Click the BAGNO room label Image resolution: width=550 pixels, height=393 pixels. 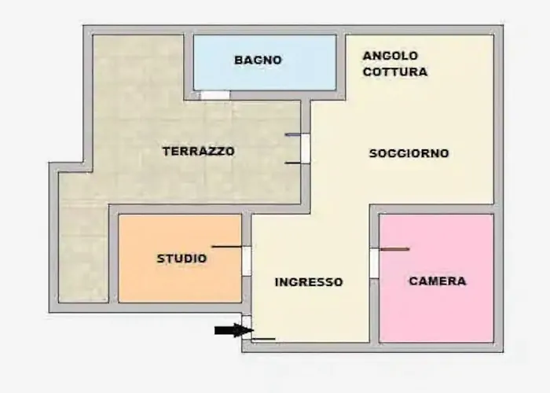point(258,60)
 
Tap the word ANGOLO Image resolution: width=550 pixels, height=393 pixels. point(390,56)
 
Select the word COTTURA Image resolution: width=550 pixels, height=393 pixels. point(395,72)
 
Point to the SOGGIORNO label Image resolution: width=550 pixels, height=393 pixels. point(409,153)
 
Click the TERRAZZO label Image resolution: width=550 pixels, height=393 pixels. point(198,151)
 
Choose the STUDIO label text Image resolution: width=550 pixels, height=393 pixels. point(181,258)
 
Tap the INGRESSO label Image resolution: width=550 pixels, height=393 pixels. point(309,281)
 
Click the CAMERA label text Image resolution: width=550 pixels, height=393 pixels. point(438,281)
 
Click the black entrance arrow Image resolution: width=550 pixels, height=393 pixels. point(233,330)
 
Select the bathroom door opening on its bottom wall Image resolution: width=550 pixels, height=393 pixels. point(214,95)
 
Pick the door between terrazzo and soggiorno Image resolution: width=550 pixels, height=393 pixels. point(306,149)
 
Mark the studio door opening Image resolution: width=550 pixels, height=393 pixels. point(247,261)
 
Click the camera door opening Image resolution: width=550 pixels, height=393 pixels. point(374,263)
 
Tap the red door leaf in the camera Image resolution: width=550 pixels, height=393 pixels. point(394,249)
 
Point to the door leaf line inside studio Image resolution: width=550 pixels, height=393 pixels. point(227,247)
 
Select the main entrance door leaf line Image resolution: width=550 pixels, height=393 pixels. point(263,340)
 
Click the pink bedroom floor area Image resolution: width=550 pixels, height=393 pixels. point(436,314)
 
